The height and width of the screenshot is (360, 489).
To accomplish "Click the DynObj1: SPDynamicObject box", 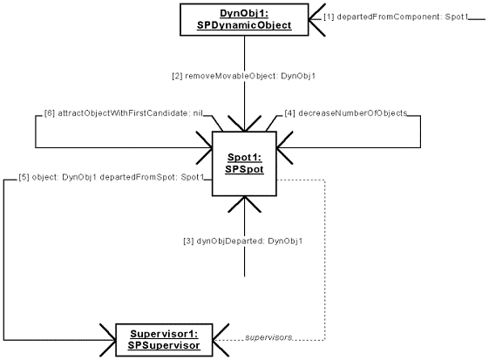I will point(244,19).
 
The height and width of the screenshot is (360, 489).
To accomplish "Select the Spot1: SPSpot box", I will point(244,163).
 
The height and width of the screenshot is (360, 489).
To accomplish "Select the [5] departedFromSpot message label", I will point(110,178).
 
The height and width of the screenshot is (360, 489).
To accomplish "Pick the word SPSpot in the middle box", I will point(244,171).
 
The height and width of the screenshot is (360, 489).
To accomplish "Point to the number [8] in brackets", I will point(50,114).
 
